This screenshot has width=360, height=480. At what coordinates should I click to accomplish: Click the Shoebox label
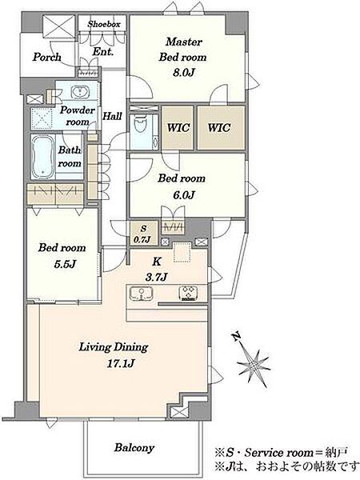pyautogui.click(x=104, y=24)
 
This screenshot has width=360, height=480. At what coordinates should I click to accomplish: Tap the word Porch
pyautogui.click(x=47, y=57)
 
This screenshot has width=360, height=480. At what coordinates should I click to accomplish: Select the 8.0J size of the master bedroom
pyautogui.click(x=183, y=72)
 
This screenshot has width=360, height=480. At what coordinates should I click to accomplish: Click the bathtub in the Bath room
pyautogui.click(x=43, y=158)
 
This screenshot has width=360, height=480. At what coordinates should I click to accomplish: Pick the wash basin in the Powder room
pyautogui.click(x=80, y=91)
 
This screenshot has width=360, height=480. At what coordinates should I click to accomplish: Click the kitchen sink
pyautogui.click(x=141, y=294)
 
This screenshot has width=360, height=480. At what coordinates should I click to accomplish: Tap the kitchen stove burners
pyautogui.click(x=188, y=293)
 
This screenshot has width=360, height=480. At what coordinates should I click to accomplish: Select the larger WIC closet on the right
pyautogui.click(x=221, y=127)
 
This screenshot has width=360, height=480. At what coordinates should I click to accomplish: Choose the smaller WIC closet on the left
pyautogui.click(x=178, y=127)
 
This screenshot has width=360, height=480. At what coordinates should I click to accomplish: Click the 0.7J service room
pyautogui.click(x=143, y=234)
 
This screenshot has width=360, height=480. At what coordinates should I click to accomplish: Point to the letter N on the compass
pyautogui.click(x=235, y=337)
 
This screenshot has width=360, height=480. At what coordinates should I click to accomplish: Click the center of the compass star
pyautogui.click(x=254, y=363)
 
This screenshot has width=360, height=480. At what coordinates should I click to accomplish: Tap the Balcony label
pyautogui.click(x=134, y=448)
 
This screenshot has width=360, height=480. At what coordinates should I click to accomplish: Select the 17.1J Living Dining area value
pyautogui.click(x=122, y=363)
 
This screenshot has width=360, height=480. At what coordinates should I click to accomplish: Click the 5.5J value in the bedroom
pyautogui.click(x=65, y=264)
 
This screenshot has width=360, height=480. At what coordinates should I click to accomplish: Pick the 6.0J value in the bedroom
pyautogui.click(x=184, y=195)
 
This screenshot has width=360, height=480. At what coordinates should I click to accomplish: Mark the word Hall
pyautogui.click(x=112, y=116)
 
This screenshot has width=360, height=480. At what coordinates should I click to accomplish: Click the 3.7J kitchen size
pyautogui.click(x=156, y=277)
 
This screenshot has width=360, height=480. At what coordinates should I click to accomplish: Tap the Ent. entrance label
pyautogui.click(x=103, y=51)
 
